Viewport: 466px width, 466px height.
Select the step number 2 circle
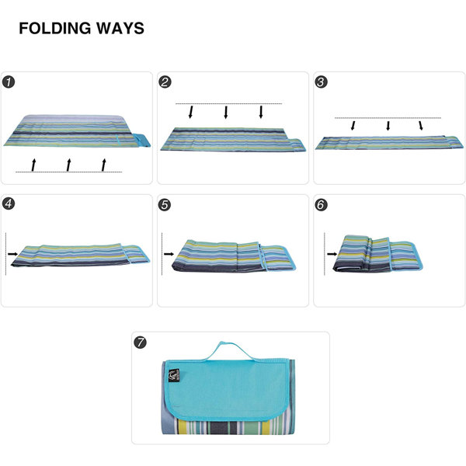[165, 82]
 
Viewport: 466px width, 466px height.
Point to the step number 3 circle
[322, 82]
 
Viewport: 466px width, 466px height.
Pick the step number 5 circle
[165, 204]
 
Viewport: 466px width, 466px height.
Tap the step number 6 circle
[322, 204]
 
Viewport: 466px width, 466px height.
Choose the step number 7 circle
[141, 343]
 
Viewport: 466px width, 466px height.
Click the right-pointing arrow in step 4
[13, 252]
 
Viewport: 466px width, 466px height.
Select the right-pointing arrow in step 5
[169, 252]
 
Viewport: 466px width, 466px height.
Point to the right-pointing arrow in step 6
[332, 252]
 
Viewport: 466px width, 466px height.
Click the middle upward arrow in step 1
[68, 163]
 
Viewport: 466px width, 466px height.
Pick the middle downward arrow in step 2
[226, 112]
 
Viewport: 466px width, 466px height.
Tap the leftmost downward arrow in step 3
[353, 125]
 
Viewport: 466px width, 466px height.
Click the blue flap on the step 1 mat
[142, 140]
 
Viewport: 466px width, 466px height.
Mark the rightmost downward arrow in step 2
[262, 112]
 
